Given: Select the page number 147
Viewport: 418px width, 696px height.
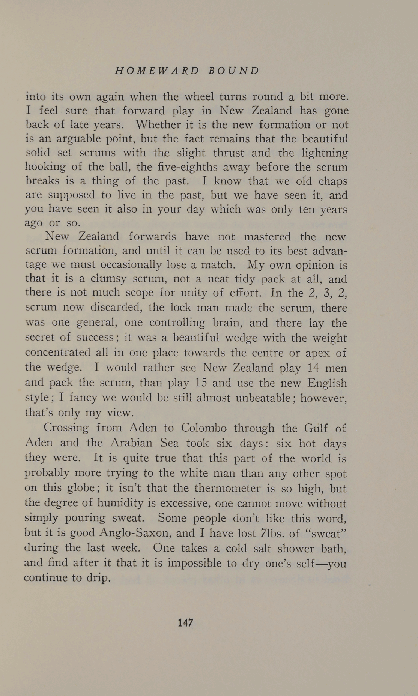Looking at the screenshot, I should [186, 622].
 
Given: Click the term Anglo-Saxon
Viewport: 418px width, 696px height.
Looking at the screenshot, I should [133, 533].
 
